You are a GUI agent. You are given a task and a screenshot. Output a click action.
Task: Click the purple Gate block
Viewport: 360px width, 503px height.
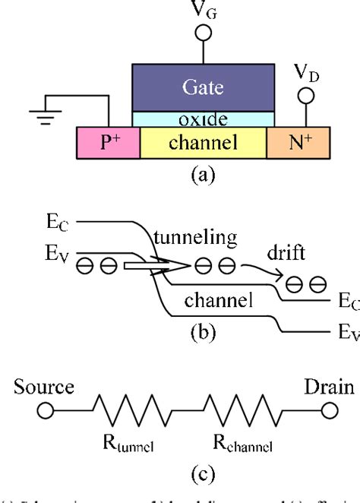coord(203,87)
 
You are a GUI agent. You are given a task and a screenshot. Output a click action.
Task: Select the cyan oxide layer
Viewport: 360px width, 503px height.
coord(203,119)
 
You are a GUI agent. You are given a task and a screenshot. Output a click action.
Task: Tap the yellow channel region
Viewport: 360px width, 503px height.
coord(203,143)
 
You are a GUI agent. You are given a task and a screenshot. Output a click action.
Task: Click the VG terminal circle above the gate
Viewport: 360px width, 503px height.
coord(203,33)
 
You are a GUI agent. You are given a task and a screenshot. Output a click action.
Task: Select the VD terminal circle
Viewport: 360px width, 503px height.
coord(307,97)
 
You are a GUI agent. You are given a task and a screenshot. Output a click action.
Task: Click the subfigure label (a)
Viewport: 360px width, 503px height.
coord(203,176)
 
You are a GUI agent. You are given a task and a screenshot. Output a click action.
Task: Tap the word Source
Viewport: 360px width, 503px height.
coord(45,388)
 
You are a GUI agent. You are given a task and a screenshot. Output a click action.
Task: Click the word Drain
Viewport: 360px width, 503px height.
coord(328,388)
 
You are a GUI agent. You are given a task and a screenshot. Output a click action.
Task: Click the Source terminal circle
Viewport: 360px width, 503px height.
coord(45,412)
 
